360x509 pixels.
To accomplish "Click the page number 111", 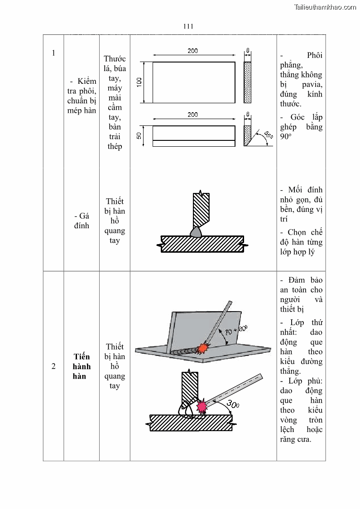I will click(188, 26).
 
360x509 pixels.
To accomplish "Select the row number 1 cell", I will click(53, 53).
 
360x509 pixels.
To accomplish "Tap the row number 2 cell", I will click(53, 366).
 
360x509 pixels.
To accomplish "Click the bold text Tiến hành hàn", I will click(82, 366).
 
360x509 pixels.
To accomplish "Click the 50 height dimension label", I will click(139, 135).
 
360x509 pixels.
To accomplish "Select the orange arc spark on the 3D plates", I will click(203, 348).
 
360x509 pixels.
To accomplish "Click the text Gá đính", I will click(82, 221).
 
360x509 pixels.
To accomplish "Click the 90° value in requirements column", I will click(285, 136).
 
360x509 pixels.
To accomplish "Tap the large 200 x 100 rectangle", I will click(194, 82).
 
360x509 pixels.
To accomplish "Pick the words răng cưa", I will click(296, 439).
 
